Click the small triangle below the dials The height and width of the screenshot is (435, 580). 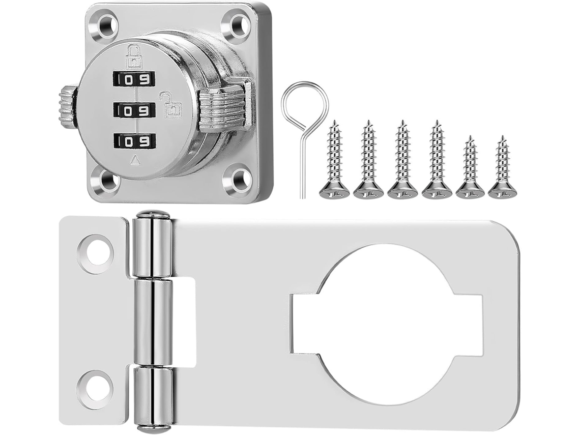pos(135,159)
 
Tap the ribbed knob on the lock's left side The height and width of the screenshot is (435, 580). pos(67,105)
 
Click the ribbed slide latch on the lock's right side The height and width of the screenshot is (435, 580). pos(225,108)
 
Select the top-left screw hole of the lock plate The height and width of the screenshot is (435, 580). pos(108,26)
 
